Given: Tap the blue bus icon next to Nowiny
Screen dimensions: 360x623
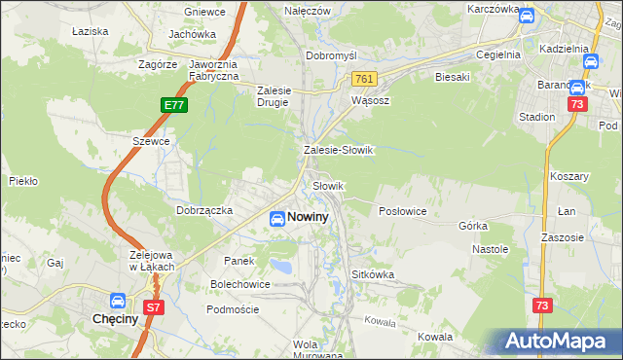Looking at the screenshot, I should pos(276,219).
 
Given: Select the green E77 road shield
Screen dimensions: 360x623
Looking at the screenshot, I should pos(174,103).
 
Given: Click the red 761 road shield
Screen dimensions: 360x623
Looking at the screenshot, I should pos(364,79).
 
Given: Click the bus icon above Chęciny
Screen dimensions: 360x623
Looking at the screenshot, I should pos(118,302).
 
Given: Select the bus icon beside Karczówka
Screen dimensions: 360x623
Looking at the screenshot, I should pos(526,17).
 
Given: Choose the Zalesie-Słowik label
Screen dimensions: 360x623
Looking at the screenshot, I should pos(339,151).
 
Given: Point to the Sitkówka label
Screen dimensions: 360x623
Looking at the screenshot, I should pos(373,274).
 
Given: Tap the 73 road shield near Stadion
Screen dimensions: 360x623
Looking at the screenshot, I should pos(578,104).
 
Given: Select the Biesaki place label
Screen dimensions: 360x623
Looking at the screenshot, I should pos(453,76).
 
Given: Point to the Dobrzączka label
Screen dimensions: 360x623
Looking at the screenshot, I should pos(203,209).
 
